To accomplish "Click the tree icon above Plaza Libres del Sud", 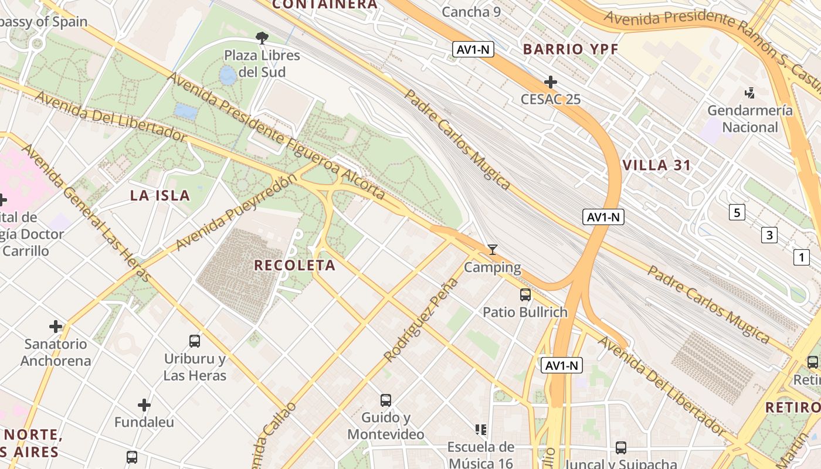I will click(262, 38).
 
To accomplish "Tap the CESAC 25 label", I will click(551, 99).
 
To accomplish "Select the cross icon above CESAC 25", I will click(550, 82).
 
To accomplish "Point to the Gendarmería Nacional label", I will click(749, 118).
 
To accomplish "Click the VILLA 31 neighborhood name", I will click(657, 165).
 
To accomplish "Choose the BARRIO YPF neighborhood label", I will click(571, 49).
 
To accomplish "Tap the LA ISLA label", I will click(160, 196).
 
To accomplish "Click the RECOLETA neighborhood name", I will click(294, 266).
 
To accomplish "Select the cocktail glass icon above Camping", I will click(493, 250).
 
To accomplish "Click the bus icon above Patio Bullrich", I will click(525, 295).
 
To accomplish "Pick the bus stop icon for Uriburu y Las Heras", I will click(195, 341).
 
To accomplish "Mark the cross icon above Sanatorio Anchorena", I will click(56, 326).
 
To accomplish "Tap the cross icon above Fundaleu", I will click(144, 405).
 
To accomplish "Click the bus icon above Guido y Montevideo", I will click(385, 400).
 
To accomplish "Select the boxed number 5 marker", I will click(737, 212).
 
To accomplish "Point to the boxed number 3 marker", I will click(769, 236).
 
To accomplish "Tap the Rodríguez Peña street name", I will click(420, 320).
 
